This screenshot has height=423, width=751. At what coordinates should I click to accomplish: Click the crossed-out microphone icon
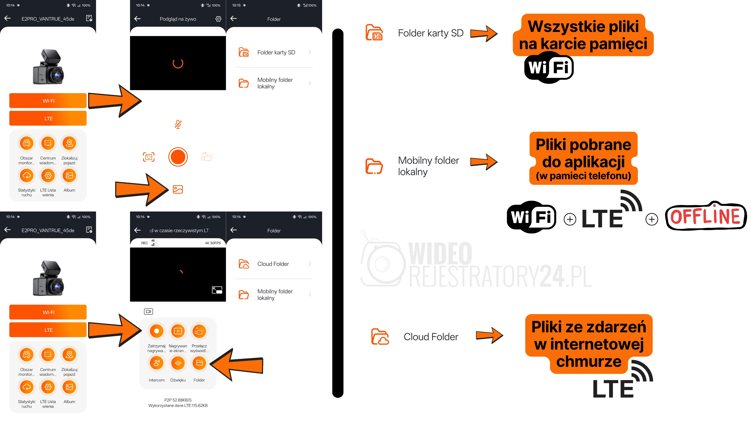(x=178, y=124)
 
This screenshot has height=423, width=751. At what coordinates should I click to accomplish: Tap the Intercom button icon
(x=156, y=363)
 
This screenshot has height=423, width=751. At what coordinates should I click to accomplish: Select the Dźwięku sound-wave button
(x=178, y=363)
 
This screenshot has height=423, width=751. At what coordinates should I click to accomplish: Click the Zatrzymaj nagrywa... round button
(x=156, y=331)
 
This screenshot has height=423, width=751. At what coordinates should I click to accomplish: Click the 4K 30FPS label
(x=213, y=243)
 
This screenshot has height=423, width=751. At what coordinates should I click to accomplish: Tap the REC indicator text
(x=145, y=243)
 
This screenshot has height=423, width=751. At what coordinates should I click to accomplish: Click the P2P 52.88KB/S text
(x=178, y=400)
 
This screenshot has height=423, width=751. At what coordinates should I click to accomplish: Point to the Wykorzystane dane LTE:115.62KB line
(x=178, y=406)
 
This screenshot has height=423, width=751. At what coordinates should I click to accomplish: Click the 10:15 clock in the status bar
(x=236, y=5)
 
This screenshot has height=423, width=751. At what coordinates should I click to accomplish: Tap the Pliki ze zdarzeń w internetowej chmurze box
(x=589, y=344)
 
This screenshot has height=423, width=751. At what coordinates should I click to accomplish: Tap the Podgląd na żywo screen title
(x=178, y=19)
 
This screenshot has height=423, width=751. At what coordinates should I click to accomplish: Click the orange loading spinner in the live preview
(x=178, y=63)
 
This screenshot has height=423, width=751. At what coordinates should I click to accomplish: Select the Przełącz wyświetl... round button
(x=199, y=331)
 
